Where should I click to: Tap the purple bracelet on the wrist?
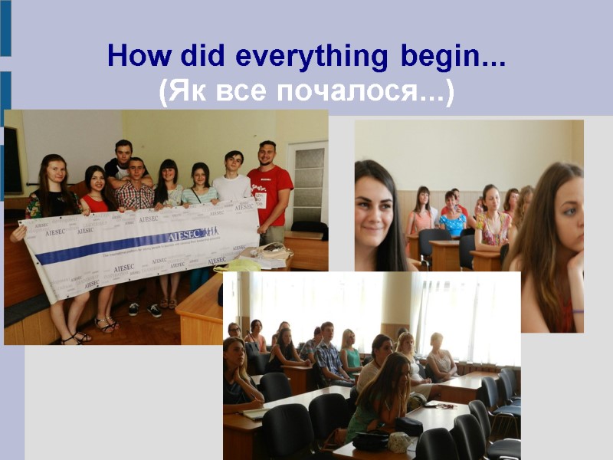pyautogui.click(x=577, y=310)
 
